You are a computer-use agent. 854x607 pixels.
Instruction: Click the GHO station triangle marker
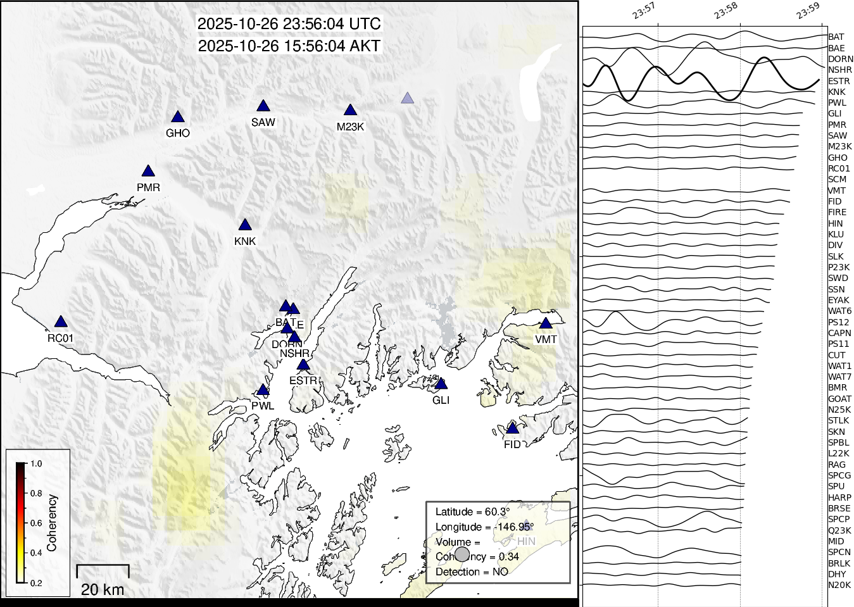point(177,117)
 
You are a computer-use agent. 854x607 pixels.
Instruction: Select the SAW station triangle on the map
point(263,106)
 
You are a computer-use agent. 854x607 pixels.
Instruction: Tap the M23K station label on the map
point(350,127)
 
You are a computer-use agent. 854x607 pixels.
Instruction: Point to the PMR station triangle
point(148,172)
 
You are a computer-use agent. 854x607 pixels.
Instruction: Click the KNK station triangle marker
point(245,225)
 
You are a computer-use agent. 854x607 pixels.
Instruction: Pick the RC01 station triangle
point(60,322)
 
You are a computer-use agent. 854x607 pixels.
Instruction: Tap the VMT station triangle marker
point(546,323)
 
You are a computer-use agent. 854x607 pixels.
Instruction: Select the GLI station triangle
point(441,384)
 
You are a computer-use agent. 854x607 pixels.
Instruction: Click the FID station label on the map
point(512,444)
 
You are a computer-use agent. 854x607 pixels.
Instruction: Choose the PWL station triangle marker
point(263,390)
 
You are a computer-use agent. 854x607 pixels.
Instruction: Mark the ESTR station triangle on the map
point(303,365)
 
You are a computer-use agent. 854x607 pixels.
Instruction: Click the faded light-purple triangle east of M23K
point(407,98)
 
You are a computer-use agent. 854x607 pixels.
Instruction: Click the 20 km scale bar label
point(103,590)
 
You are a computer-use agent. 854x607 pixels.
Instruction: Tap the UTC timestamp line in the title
point(289,24)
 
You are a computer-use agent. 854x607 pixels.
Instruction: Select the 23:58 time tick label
point(725,11)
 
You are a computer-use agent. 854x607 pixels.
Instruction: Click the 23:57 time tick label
point(643,11)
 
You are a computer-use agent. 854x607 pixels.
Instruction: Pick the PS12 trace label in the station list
point(839,322)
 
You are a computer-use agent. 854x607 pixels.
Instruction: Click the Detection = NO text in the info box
point(472,572)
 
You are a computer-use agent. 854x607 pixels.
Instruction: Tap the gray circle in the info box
point(462,554)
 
